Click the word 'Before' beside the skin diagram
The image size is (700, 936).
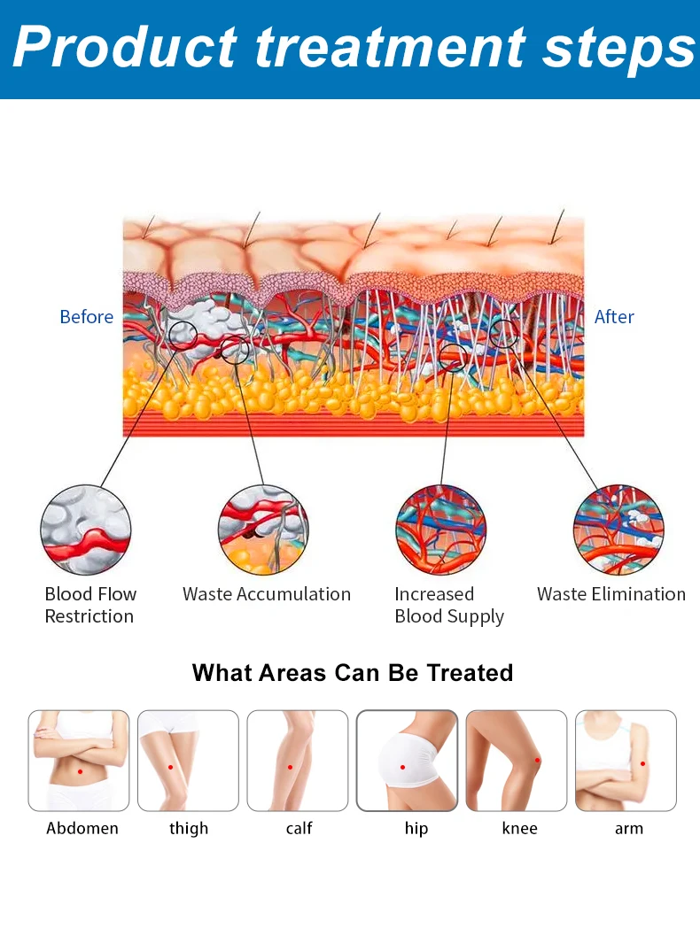click(x=86, y=317)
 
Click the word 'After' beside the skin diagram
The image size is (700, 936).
click(x=614, y=317)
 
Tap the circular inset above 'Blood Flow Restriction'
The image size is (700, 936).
click(x=86, y=530)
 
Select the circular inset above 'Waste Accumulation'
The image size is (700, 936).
click(x=263, y=530)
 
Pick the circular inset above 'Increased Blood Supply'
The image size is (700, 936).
click(x=440, y=530)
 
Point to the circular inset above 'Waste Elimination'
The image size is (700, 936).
click(x=618, y=530)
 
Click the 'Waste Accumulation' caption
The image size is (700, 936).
click(x=266, y=594)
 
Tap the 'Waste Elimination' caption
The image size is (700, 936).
click(x=611, y=594)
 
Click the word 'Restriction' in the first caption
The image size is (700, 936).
click(x=89, y=616)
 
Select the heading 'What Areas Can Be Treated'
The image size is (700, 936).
click(x=353, y=673)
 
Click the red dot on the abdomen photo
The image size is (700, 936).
click(x=80, y=771)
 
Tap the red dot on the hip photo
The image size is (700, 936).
click(x=402, y=768)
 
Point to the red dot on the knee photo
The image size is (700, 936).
click(x=537, y=761)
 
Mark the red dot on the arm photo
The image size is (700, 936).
click(x=642, y=763)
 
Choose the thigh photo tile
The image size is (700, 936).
click(x=188, y=761)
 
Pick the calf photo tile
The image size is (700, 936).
click(x=298, y=761)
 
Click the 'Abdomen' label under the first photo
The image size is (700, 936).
click(x=82, y=829)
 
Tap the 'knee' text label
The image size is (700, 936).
click(x=520, y=829)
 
